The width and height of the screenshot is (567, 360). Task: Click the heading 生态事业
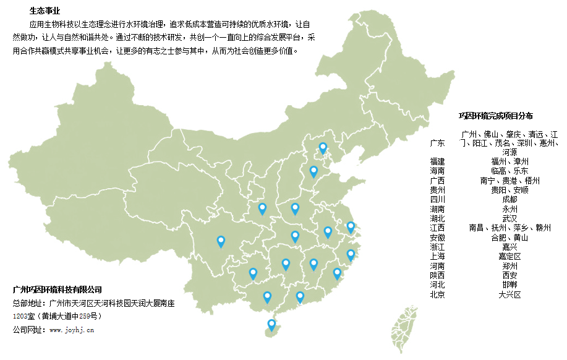click(x=45, y=11)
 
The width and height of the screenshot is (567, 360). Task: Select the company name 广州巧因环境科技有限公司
click(x=57, y=289)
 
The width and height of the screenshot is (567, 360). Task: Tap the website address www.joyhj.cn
click(x=71, y=330)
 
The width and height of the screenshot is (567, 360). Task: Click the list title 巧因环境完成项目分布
click(x=496, y=116)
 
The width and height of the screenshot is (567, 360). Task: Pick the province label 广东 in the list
click(x=437, y=143)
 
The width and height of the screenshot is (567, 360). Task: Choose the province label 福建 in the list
click(x=437, y=161)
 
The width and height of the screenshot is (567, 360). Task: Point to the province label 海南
click(x=437, y=171)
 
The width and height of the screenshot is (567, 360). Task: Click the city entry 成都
click(x=510, y=199)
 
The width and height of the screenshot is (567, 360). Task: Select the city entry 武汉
click(x=510, y=218)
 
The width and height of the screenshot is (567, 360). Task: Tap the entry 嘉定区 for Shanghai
click(x=510, y=256)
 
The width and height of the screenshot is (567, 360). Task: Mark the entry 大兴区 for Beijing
click(x=510, y=294)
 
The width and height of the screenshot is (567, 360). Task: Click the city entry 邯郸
click(x=510, y=285)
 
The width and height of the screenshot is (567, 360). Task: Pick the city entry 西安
click(x=510, y=275)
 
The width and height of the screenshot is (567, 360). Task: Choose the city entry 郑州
click(x=510, y=266)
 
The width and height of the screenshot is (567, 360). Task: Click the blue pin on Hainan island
click(x=271, y=324)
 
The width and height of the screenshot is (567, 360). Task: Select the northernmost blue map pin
click(x=323, y=147)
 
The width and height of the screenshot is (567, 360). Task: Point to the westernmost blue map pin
click(x=221, y=241)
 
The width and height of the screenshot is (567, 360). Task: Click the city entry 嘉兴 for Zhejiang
click(x=510, y=247)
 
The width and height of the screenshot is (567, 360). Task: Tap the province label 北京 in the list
click(x=437, y=294)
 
